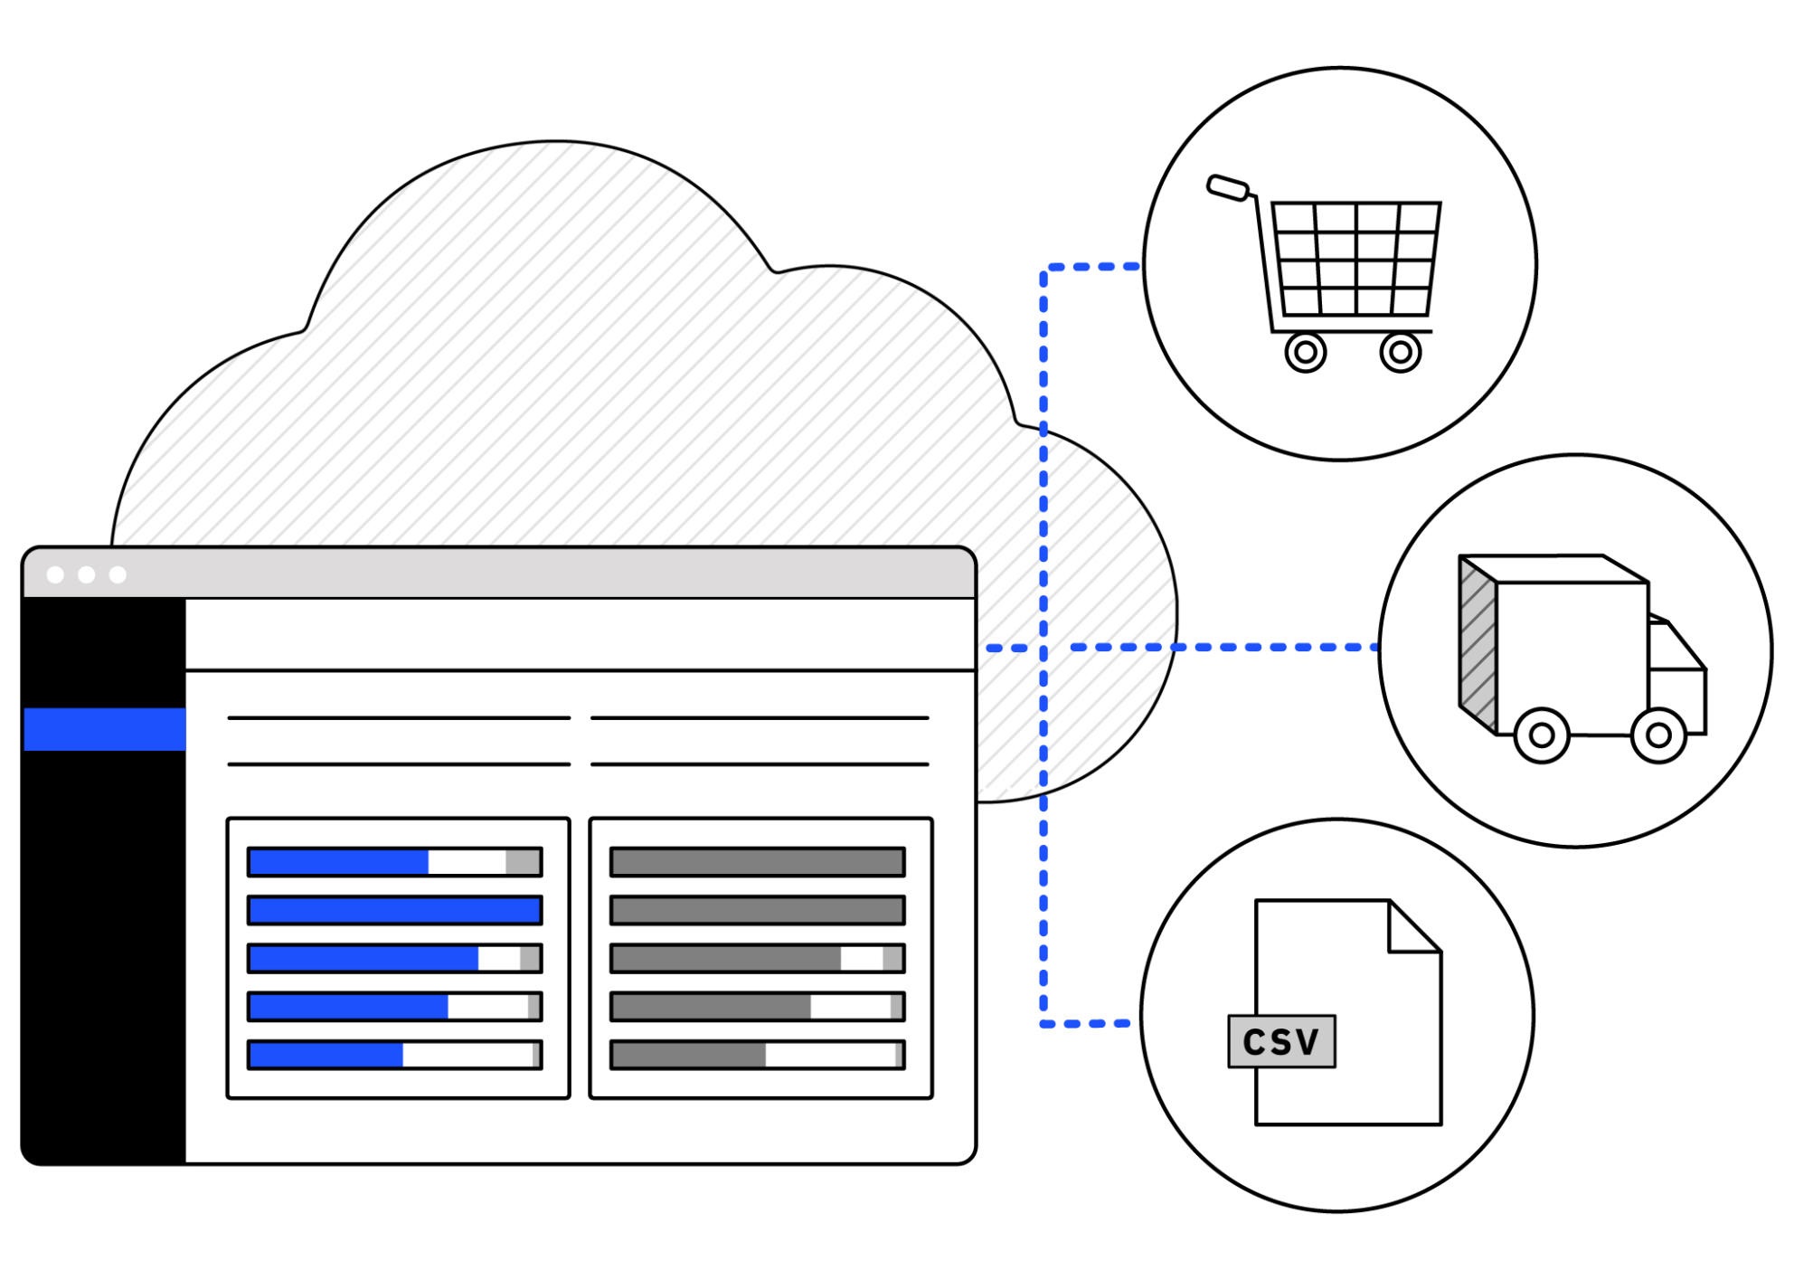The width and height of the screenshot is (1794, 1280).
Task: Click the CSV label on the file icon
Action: (x=1280, y=1041)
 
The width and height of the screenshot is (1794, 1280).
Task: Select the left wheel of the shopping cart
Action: (x=1305, y=353)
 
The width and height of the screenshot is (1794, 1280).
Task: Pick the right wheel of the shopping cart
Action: (x=1400, y=353)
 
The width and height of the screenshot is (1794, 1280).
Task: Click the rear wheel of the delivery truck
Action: (x=1541, y=735)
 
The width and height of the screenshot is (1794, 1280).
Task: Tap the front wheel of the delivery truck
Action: (x=1657, y=735)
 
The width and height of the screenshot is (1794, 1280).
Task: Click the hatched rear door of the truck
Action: (x=1478, y=644)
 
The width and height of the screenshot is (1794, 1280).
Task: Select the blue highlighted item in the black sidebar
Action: (x=105, y=729)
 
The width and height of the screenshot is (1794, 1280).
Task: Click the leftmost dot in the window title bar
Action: (x=55, y=574)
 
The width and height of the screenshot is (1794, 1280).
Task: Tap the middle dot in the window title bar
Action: (x=87, y=574)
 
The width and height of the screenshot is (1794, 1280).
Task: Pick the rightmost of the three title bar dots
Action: (x=118, y=574)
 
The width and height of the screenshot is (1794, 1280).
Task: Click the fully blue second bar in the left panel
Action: (x=395, y=910)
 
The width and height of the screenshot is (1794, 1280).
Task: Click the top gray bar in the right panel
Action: (x=758, y=862)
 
